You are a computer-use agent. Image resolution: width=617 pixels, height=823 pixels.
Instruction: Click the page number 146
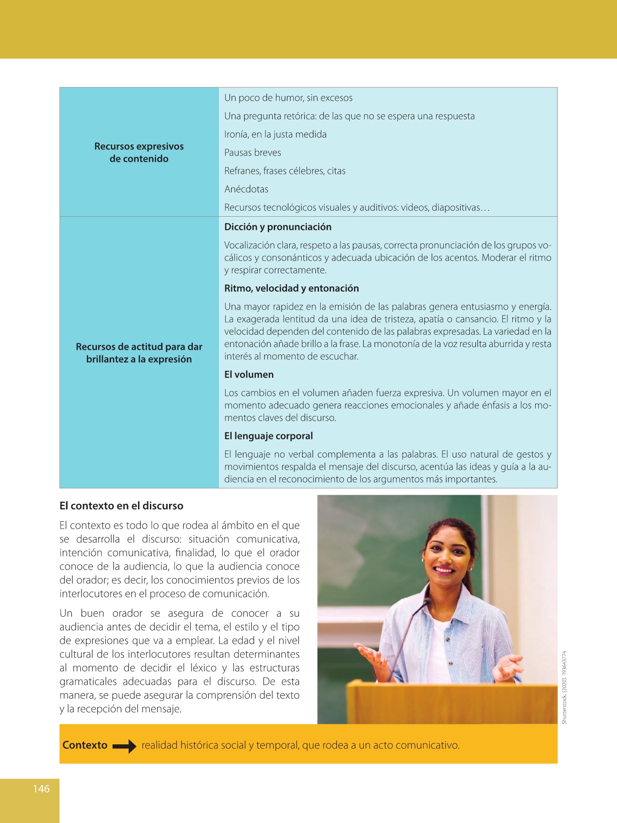point(41,789)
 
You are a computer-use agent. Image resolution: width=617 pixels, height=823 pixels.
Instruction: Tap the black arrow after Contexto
point(124,746)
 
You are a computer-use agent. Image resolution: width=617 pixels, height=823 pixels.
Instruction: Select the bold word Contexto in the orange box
point(85,745)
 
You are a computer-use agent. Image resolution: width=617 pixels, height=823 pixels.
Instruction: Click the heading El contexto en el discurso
point(121,506)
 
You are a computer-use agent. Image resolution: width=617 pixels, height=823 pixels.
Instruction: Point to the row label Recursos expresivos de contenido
point(139,153)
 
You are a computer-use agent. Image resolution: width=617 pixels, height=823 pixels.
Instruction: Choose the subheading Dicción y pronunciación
point(278,227)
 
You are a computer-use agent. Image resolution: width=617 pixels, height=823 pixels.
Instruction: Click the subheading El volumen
point(249,374)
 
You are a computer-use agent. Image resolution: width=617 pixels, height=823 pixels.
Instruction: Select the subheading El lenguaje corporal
point(269,436)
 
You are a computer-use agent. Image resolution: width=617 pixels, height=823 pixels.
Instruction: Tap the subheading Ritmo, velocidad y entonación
point(292,289)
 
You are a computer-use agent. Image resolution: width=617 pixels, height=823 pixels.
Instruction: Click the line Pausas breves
point(253,153)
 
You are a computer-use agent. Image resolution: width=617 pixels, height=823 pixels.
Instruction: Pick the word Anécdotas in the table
point(246,189)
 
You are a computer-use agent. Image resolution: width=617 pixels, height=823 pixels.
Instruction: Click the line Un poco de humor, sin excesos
point(288,98)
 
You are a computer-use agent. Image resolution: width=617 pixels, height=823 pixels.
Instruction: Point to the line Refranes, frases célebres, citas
point(285,171)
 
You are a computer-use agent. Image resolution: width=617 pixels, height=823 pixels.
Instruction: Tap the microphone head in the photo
point(427,602)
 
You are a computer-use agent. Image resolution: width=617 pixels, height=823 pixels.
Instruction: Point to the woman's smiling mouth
point(444,570)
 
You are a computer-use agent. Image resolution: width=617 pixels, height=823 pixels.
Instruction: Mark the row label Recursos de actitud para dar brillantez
point(139,353)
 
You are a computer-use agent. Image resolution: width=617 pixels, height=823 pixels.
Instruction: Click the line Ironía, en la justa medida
point(276,134)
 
